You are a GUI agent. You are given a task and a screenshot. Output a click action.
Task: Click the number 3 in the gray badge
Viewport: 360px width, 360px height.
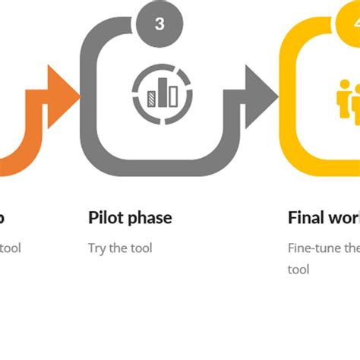pyautogui.click(x=159, y=24)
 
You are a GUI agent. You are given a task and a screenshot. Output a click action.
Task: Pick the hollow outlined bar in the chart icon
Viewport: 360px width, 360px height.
pyautogui.click(x=172, y=95)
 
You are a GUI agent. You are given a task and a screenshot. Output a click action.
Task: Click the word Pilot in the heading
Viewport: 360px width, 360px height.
pyautogui.click(x=105, y=218)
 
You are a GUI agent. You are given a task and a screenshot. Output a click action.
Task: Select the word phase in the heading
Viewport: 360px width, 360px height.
pyautogui.click(x=149, y=219)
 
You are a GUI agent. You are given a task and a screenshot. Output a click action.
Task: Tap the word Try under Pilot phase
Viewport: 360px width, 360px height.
pyautogui.click(x=96, y=248)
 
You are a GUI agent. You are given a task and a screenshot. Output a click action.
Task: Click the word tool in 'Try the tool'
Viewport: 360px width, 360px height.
pyautogui.click(x=141, y=248)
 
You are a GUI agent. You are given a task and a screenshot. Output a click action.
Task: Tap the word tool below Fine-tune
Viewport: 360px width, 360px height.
pyautogui.click(x=298, y=270)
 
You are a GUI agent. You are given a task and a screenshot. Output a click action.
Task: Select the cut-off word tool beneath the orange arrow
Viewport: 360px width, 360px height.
pyautogui.click(x=11, y=248)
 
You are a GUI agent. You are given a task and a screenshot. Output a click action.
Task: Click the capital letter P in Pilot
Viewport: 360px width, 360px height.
pyautogui.click(x=93, y=218)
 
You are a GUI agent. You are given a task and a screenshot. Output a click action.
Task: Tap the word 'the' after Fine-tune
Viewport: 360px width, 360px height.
pyautogui.click(x=352, y=248)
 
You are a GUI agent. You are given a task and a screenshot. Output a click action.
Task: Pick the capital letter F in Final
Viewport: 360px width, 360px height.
pyautogui.click(x=293, y=218)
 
